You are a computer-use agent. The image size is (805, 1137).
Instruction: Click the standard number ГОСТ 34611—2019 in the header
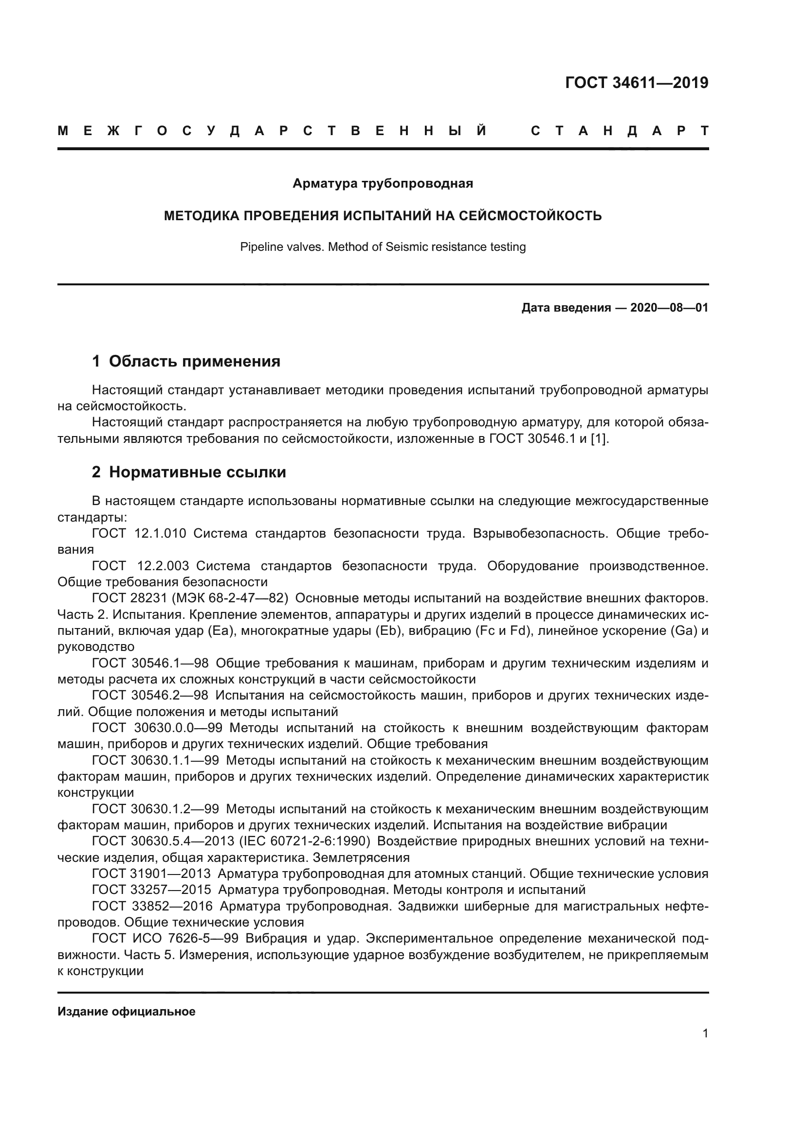tap(637, 83)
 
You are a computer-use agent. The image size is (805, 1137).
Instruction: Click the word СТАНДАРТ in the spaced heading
tap(619, 131)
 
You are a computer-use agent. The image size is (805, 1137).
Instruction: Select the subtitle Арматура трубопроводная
tap(383, 184)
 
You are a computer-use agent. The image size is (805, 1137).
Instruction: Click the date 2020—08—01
tap(669, 308)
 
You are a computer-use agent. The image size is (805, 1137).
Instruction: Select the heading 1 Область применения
tap(186, 362)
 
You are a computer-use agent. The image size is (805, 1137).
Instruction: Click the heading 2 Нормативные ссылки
tap(189, 472)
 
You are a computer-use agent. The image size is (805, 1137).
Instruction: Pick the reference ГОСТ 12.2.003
tap(140, 566)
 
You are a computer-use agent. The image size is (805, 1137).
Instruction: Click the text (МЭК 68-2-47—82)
tap(230, 598)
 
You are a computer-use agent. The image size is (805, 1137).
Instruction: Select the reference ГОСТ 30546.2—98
tap(150, 695)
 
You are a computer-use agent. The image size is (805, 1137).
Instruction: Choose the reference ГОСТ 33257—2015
tap(151, 890)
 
